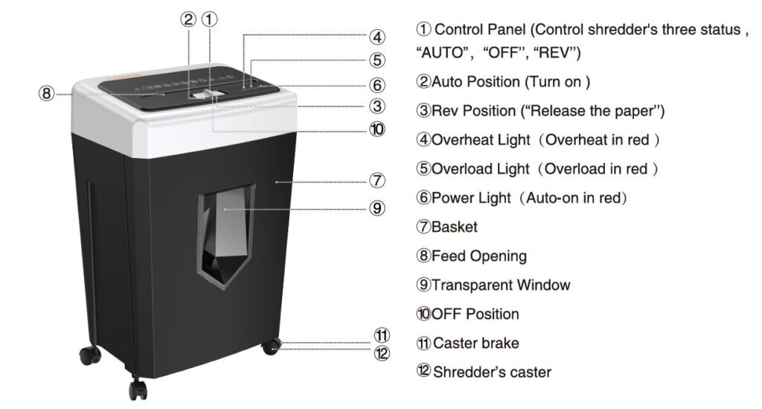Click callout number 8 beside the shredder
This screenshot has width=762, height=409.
(47, 94)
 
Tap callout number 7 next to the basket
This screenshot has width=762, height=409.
(377, 180)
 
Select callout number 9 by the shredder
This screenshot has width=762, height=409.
(377, 209)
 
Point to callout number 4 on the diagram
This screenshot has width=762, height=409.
(377, 36)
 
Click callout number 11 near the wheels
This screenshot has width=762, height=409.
(382, 335)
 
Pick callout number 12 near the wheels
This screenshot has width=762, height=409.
(382, 353)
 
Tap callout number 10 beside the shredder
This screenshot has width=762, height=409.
(377, 129)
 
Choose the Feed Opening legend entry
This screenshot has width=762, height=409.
(479, 256)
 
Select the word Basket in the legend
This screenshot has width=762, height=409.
(455, 226)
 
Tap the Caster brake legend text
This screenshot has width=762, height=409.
(476, 343)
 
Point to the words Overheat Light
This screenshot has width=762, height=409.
(481, 139)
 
